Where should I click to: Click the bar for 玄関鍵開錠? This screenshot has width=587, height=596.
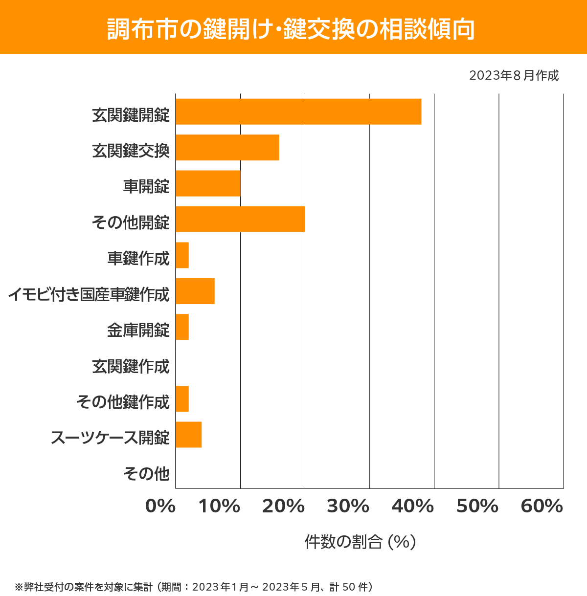click(298, 111)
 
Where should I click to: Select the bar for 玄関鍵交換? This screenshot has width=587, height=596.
click(227, 147)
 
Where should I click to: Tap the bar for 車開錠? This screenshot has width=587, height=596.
click(208, 183)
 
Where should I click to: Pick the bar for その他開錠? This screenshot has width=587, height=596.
click(240, 219)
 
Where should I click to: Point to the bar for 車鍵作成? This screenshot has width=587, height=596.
click(182, 255)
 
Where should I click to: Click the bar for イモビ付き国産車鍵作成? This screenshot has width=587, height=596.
click(195, 291)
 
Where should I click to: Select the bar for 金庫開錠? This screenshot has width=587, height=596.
click(182, 327)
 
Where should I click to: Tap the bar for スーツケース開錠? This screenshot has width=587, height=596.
click(189, 434)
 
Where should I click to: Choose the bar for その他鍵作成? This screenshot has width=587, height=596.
click(182, 398)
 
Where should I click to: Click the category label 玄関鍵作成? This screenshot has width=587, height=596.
click(131, 366)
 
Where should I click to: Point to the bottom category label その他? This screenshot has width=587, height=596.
click(146, 473)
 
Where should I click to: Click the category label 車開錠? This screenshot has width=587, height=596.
click(146, 186)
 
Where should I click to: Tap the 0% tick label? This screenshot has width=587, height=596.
click(160, 507)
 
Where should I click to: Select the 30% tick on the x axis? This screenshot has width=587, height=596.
click(348, 507)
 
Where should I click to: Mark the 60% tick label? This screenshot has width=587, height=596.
click(542, 507)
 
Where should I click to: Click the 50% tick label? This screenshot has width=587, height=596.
click(477, 507)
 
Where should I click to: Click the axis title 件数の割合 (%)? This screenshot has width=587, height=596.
click(360, 542)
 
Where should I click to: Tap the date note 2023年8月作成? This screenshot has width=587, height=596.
click(514, 76)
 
